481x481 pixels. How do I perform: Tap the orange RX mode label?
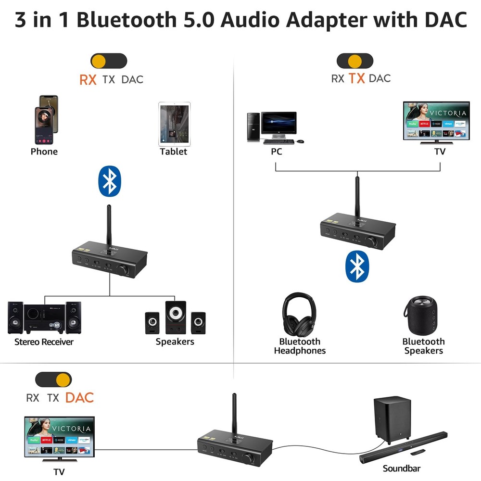88,79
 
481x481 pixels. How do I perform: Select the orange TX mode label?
356,78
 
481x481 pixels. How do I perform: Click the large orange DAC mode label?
79,398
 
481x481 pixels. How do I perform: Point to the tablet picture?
175,124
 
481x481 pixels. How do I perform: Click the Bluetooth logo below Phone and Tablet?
110,181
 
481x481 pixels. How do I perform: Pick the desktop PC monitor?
279,124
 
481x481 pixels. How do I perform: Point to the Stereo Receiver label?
44,342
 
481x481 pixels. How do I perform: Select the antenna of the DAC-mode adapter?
234,414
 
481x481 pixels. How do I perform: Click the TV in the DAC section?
59,437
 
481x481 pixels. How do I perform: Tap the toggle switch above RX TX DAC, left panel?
109,61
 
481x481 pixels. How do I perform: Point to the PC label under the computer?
277,152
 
